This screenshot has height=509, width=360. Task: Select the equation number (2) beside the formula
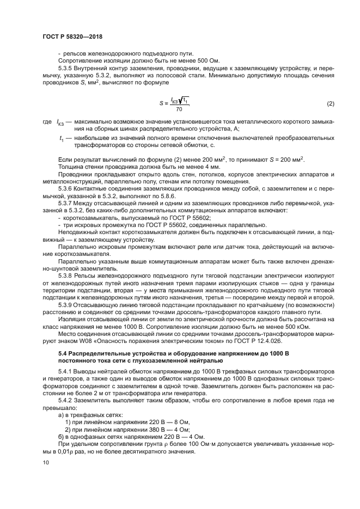(x=330, y=103)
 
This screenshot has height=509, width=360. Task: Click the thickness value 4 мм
(x=177, y=165)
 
